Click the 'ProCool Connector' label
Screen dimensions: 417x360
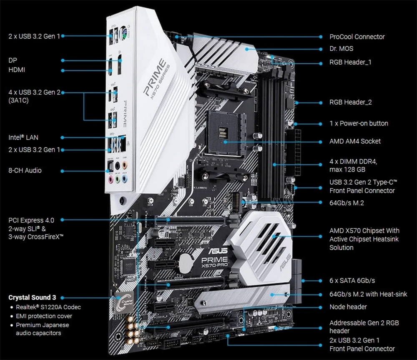click(357, 37)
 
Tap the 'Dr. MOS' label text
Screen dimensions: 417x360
click(341, 49)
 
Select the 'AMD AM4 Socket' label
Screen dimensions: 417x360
click(355, 141)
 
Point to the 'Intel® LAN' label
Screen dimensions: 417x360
click(24, 137)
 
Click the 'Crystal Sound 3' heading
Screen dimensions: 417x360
click(32, 297)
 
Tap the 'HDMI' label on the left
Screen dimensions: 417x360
click(17, 70)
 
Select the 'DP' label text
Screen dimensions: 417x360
click(13, 60)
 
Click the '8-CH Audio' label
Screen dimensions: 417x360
click(25, 170)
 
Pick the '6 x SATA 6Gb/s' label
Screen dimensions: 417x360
click(352, 281)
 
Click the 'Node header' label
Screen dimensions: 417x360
click(348, 307)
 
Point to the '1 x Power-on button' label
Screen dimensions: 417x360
click(359, 123)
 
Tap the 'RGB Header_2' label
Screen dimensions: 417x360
click(350, 102)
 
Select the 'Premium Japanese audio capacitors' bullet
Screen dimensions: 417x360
click(42, 329)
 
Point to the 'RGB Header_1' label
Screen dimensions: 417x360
click(350, 62)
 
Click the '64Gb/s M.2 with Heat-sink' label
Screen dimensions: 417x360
click(368, 294)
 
